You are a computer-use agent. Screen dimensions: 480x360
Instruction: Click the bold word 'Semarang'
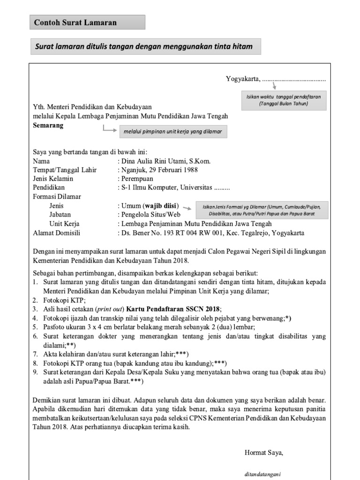pyautogui.click(x=48, y=126)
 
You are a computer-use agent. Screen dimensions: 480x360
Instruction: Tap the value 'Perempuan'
pyautogui.click(x=137, y=179)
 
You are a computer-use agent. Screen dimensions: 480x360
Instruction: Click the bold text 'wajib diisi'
pyautogui.click(x=161, y=206)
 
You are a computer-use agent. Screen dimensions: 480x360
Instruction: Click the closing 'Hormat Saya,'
pyautogui.click(x=264, y=453)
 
